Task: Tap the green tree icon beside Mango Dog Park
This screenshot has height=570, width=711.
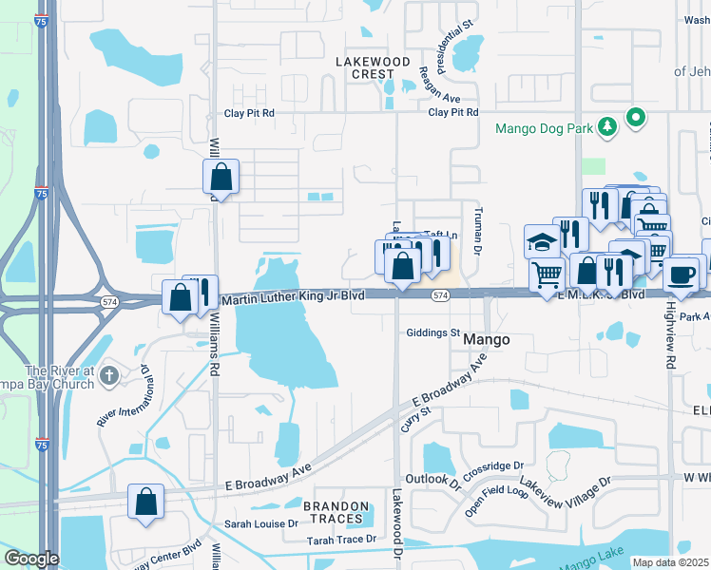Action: click(x=605, y=126)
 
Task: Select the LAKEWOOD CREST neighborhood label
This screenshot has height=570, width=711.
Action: click(x=365, y=67)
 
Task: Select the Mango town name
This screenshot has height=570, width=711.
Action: click(x=493, y=339)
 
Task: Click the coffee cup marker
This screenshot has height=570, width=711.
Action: click(x=681, y=275)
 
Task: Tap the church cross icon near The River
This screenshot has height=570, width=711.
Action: click(x=108, y=375)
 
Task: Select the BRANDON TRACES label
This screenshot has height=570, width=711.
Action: click(x=336, y=512)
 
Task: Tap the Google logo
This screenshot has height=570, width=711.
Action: click(x=31, y=558)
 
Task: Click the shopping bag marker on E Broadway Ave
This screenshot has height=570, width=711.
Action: click(x=146, y=503)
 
